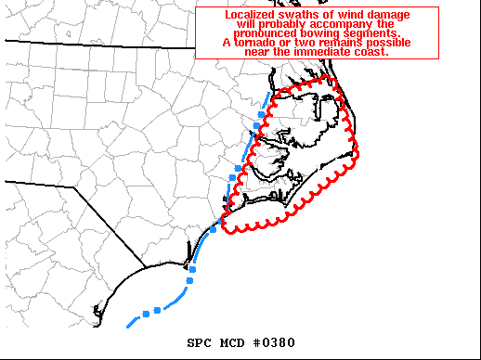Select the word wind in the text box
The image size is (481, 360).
(x=346, y=15)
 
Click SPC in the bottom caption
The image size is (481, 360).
(x=201, y=342)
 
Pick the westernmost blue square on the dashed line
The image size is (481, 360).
(x=144, y=313)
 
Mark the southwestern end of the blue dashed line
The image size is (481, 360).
(x=128, y=326)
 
